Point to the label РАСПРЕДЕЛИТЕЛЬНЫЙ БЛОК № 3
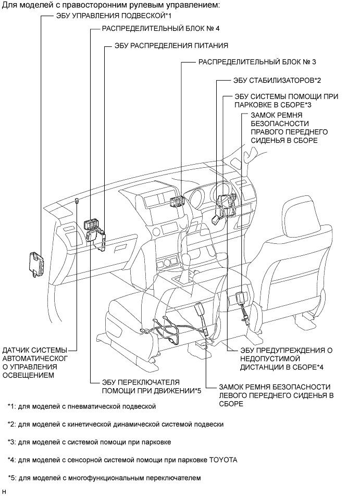(x=257, y=61)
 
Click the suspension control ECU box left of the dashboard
(x=38, y=264)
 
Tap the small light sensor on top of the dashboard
(x=77, y=201)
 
